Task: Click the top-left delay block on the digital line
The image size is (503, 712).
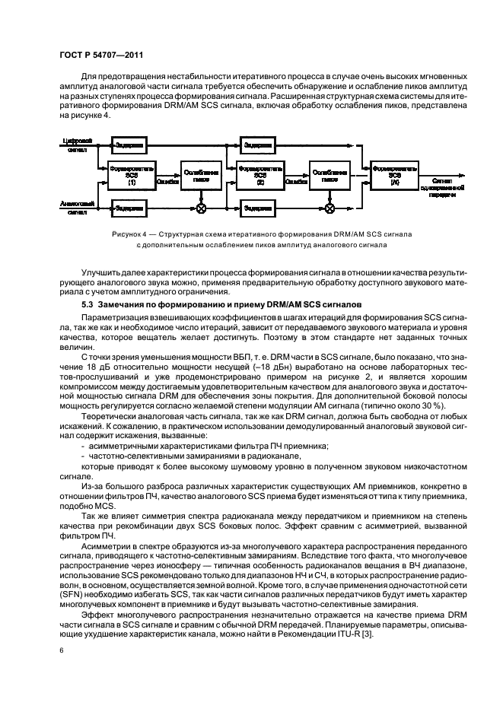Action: pos(132,144)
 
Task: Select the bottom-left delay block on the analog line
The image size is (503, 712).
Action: pos(132,205)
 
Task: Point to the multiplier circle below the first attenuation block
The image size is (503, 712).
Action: pos(201,205)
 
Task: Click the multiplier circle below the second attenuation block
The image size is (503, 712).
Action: pos(329,205)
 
